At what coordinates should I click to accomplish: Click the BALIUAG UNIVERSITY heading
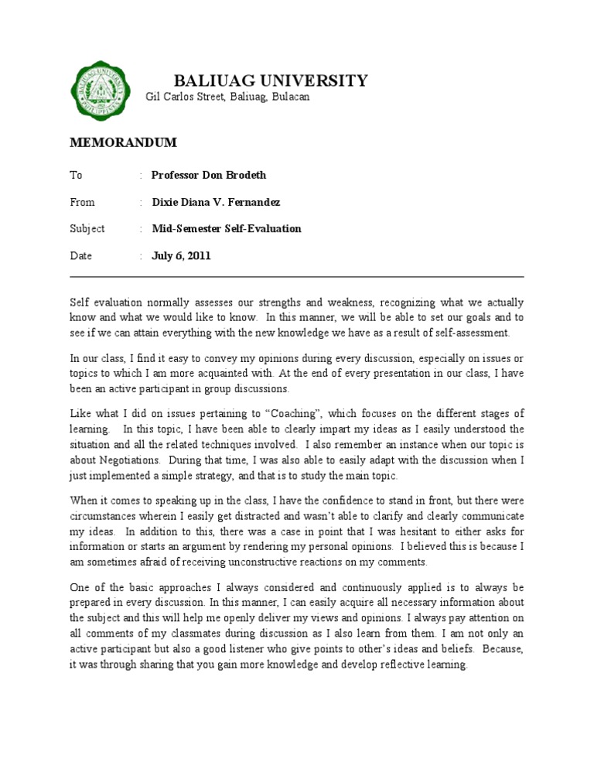(x=271, y=80)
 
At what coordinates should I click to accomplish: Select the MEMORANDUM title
(x=124, y=142)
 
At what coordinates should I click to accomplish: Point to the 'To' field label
(x=76, y=175)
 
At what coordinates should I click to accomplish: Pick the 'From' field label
(x=82, y=202)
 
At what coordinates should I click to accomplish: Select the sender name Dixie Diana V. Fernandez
(x=216, y=202)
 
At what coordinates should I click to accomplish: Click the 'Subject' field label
(x=87, y=229)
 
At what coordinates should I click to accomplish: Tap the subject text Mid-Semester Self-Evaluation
(x=226, y=229)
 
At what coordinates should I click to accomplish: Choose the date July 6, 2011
(x=181, y=256)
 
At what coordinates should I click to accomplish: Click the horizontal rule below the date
(x=297, y=276)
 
